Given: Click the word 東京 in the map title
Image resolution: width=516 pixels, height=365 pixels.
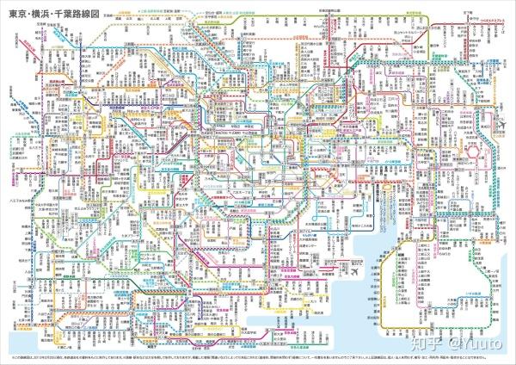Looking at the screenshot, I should click(x=18, y=15).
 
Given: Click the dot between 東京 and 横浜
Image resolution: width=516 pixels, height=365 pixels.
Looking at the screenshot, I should click(x=29, y=15).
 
